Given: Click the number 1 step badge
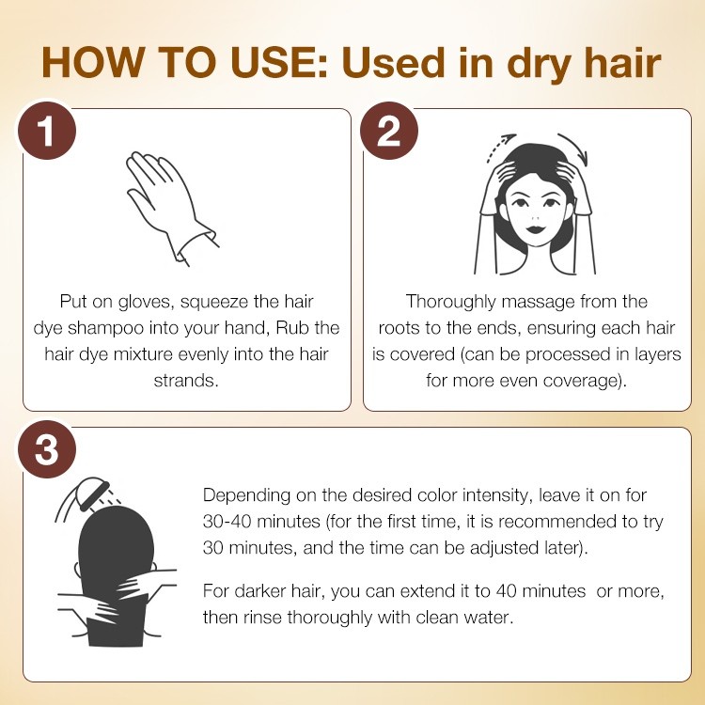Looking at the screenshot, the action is click(x=47, y=131).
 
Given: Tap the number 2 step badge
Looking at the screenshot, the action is click(x=389, y=131).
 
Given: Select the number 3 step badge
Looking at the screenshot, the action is click(x=47, y=449).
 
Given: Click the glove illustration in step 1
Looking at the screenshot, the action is click(x=172, y=208).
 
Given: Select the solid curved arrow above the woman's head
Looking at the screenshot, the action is click(x=575, y=147).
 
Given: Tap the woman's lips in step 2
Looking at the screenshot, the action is click(x=535, y=228).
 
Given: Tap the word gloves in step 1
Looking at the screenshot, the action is click(x=146, y=302).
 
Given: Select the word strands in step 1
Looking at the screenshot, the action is click(x=186, y=381).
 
